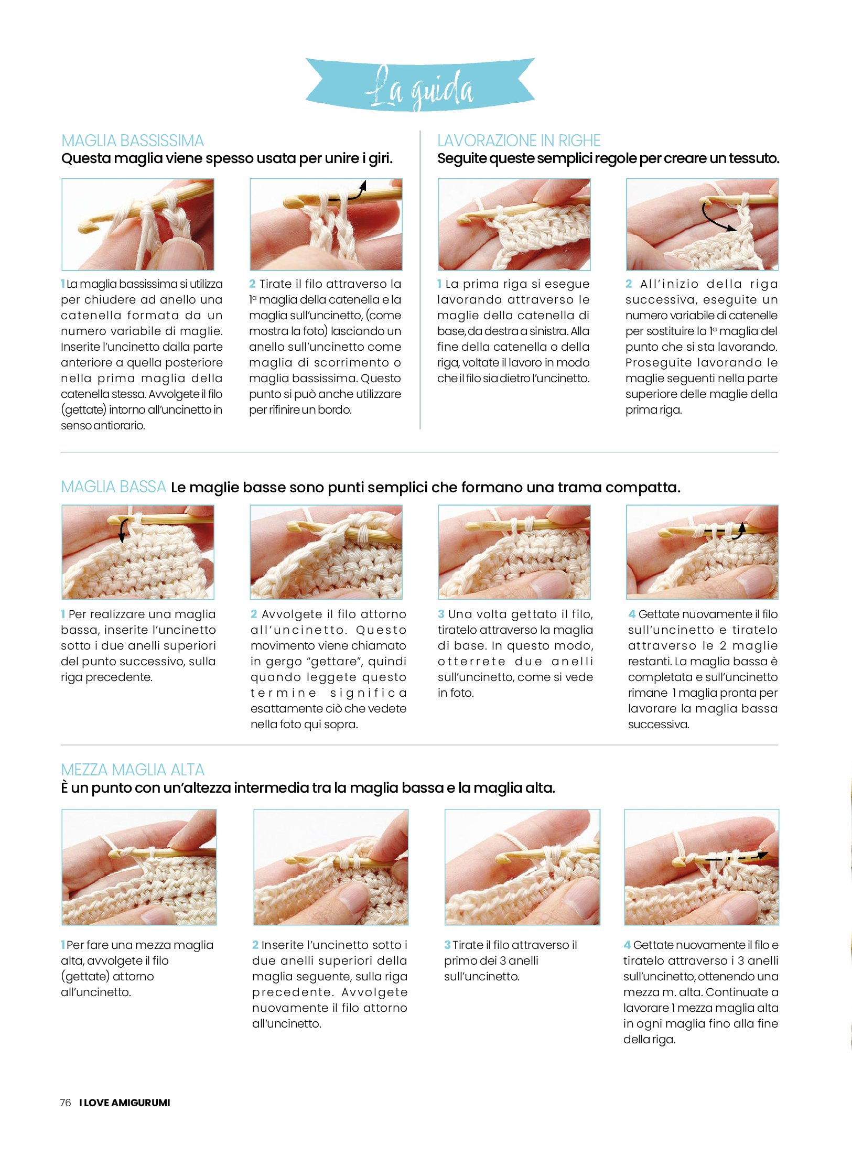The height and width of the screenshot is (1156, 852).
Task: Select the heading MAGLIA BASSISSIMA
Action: coord(133,141)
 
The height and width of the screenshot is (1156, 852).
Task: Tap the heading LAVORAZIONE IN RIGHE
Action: coord(519,141)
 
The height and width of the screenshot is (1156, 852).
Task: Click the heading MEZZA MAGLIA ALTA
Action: coord(133,770)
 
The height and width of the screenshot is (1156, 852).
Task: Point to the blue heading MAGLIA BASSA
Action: coord(113,487)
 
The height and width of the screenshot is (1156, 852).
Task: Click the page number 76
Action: coord(66,1103)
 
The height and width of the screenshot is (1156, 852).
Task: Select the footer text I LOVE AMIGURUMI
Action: coord(125,1103)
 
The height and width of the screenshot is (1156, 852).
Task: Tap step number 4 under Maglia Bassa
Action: coord(632,614)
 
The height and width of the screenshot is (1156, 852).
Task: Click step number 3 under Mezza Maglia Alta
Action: coord(447,945)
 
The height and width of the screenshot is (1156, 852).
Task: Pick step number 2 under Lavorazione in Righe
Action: coord(629,284)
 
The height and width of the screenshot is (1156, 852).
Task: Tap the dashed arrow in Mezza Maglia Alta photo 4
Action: coord(737,858)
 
